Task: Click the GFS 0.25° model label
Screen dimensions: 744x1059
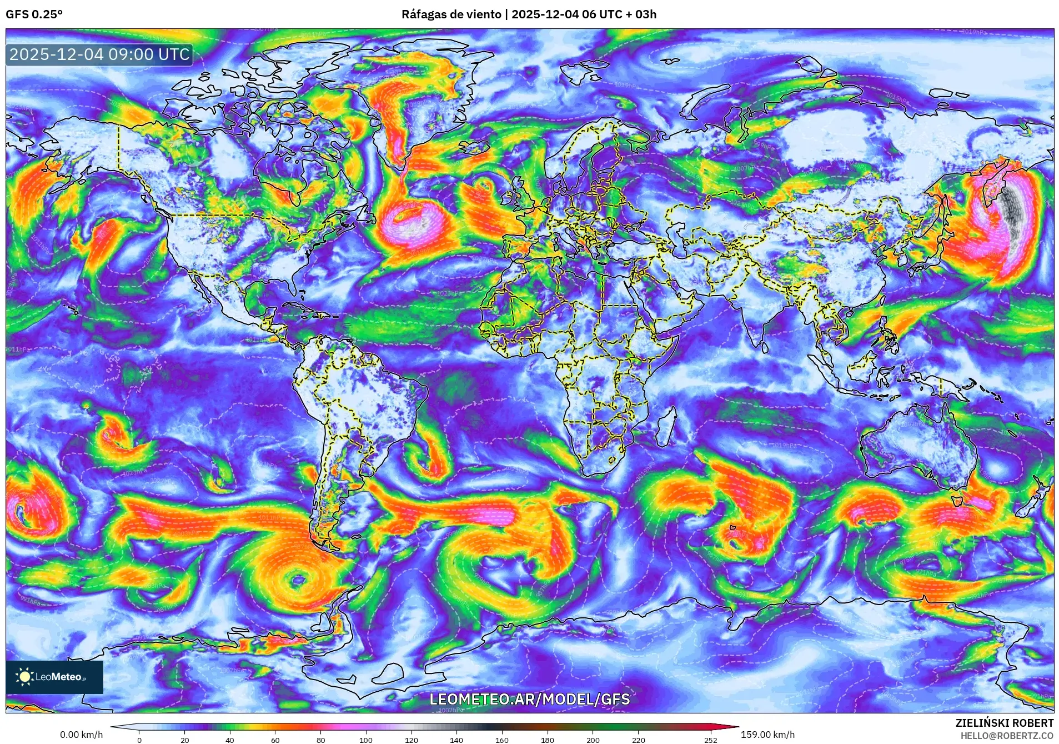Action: click(34, 14)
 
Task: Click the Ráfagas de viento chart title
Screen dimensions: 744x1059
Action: click(529, 14)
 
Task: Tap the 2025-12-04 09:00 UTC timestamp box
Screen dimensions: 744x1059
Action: click(99, 54)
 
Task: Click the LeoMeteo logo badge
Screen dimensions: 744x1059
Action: click(54, 677)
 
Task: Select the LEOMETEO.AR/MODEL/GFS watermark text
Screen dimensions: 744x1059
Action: click(529, 698)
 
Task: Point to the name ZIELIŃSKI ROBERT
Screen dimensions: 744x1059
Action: click(1004, 723)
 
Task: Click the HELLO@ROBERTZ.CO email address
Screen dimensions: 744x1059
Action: click(1007, 736)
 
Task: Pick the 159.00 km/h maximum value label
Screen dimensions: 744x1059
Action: click(767, 735)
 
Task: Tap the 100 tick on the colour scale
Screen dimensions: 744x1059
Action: click(365, 740)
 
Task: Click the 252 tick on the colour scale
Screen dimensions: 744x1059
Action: click(711, 740)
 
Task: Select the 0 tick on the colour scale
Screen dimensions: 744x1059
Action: click(139, 740)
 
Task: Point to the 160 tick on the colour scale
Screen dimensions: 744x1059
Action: click(501, 740)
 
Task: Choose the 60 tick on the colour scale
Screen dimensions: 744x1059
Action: click(275, 740)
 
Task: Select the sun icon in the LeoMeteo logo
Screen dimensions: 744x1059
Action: click(24, 676)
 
